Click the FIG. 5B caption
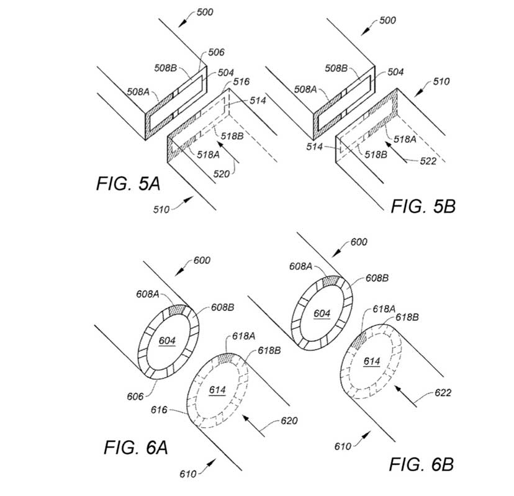pos(423,207)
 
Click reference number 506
pos(217,53)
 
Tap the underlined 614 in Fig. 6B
pos(372,361)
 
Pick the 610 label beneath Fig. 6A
pos(187,474)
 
